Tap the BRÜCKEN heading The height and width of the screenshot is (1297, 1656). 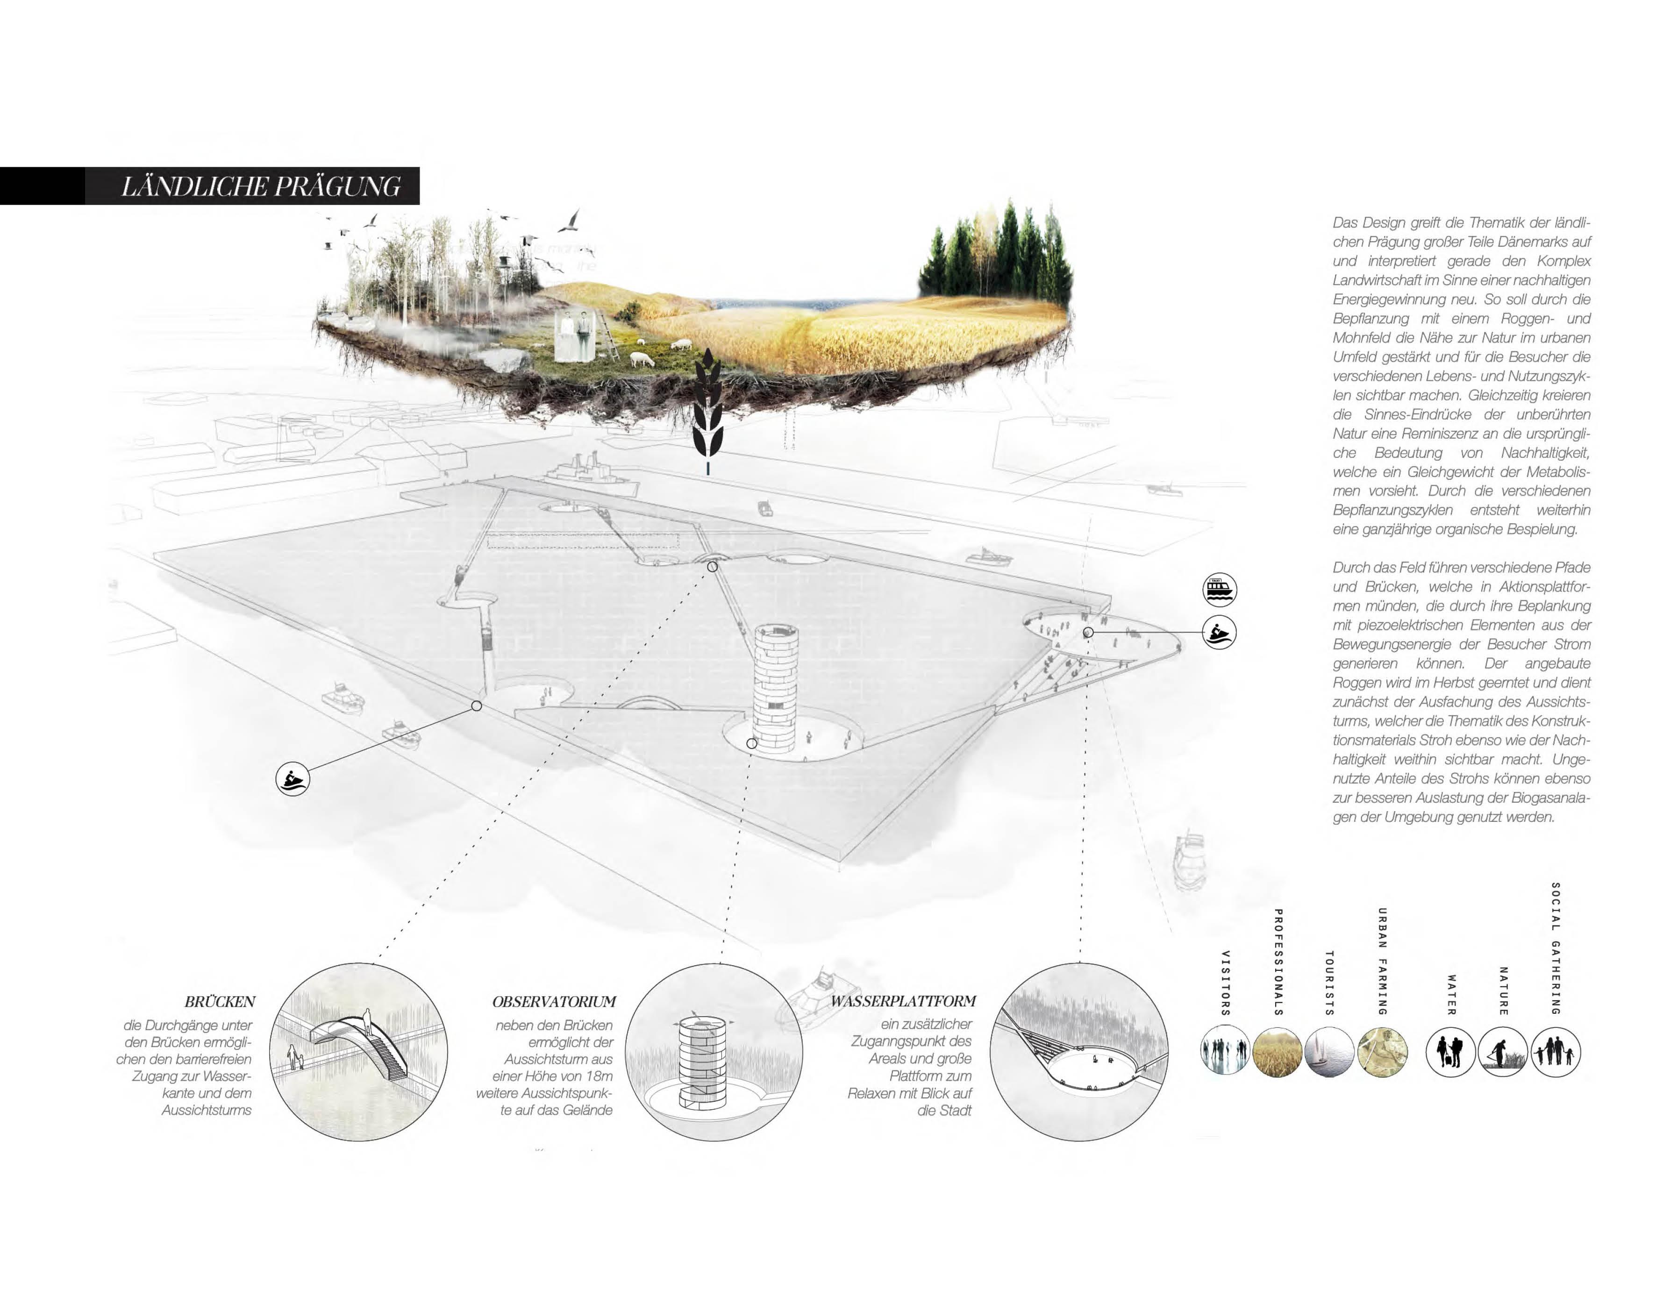coord(220,1002)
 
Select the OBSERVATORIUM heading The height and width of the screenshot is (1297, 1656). coord(554,1002)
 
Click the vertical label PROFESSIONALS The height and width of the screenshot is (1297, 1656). coord(1278,962)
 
